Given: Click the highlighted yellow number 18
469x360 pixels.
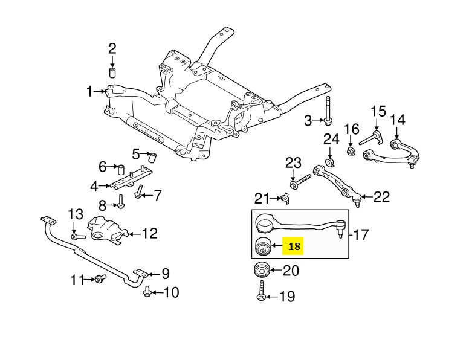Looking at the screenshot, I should pos(294,246).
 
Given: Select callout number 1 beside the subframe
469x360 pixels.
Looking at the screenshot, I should pos(89,92).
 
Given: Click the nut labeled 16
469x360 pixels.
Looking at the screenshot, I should pos(350,149).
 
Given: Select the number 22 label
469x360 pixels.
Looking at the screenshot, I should pos(382,196).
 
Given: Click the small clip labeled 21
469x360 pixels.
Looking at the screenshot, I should pos(285,198).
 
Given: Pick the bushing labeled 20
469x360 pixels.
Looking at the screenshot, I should pos(262,270).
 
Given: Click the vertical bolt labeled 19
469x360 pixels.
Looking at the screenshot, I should pos(261,291).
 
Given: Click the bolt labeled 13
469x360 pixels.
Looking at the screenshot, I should pos(74,236).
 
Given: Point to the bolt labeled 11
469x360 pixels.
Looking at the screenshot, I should pos(99,279).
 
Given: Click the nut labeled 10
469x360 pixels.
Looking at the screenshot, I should pos(146,293).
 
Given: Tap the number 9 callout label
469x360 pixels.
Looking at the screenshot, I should pos(165,273).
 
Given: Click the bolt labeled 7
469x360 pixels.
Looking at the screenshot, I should pos(139,194).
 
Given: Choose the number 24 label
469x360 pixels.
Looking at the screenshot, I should pos(331,140).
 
